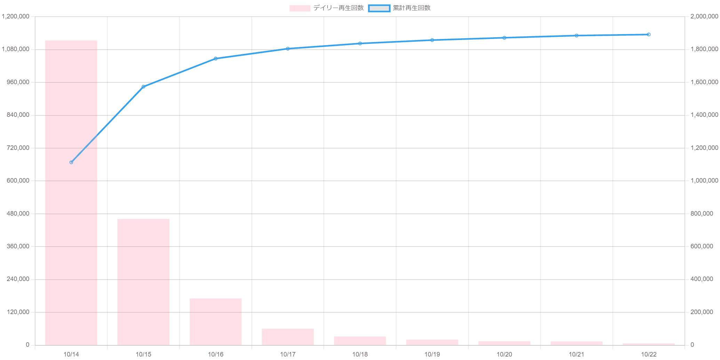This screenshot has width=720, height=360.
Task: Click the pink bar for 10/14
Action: [71, 193]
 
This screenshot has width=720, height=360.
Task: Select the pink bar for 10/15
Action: [143, 282]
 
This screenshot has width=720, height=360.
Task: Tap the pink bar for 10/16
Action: [215, 322]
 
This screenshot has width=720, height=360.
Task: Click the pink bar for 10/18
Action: [360, 341]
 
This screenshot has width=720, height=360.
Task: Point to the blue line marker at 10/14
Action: [71, 162]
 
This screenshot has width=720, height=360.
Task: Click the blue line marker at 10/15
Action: [143, 87]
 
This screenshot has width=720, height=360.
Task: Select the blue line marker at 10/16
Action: [215, 59]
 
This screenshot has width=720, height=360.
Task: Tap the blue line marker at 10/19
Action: [432, 40]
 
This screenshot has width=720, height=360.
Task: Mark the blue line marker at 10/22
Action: [649, 34]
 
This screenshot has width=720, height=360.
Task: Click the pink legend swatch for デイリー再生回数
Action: [299, 8]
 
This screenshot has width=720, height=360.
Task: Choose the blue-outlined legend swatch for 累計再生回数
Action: [379, 8]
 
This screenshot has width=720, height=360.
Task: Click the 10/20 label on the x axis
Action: [504, 354]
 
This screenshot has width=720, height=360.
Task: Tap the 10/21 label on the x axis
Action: [576, 354]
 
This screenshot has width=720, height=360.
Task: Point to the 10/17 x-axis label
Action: [288, 354]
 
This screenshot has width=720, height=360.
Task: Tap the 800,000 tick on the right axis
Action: [702, 214]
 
